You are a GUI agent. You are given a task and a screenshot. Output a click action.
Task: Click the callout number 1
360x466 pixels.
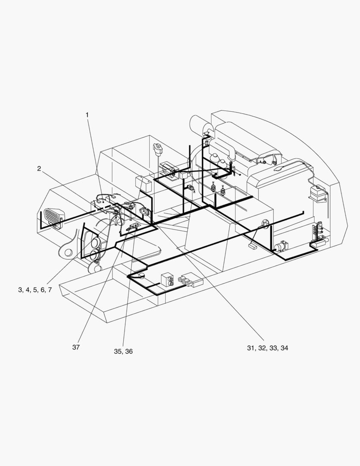coord(87,115)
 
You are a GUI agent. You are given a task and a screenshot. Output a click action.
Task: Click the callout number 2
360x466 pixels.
coord(39,169)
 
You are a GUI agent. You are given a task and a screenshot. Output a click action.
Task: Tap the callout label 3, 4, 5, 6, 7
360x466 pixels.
coord(35,290)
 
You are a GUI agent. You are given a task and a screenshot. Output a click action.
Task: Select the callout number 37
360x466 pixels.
coord(76,347)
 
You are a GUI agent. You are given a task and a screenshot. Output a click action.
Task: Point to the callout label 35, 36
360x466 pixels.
coord(123,351)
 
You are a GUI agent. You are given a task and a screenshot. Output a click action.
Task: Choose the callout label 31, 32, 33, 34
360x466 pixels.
coord(267,348)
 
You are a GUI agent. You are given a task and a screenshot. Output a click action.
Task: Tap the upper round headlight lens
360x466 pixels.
coord(96,242)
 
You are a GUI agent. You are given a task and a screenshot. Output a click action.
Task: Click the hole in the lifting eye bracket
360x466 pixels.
coord(69,252)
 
